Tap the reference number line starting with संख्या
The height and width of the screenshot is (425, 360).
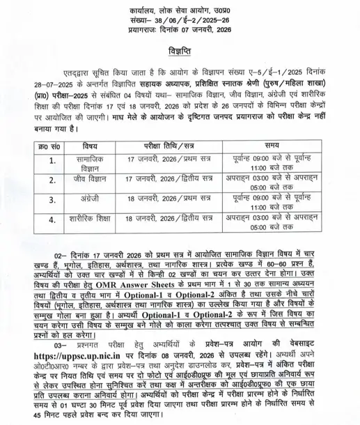pos(180,22)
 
